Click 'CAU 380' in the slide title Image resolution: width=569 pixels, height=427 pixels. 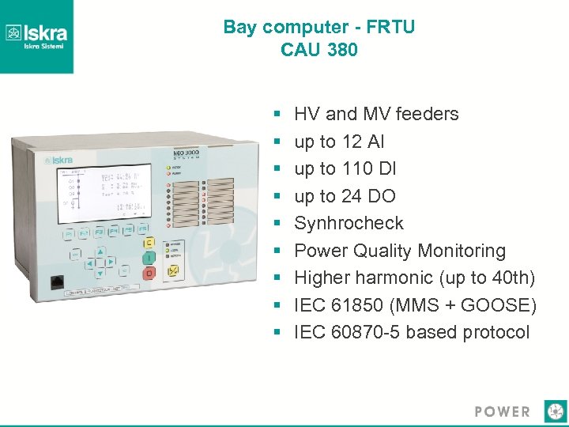point(318,50)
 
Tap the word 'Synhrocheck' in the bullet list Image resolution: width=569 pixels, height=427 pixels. point(349,223)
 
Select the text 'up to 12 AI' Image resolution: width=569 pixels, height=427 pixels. point(339,142)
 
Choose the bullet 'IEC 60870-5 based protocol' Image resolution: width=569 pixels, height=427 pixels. point(412,332)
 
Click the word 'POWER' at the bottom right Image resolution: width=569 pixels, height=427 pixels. point(503,411)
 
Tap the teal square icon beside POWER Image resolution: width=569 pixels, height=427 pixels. point(556,411)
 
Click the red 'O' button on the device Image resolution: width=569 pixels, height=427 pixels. point(148,274)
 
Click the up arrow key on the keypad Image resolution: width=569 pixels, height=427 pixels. point(100,252)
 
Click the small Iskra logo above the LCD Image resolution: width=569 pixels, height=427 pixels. point(61,158)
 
